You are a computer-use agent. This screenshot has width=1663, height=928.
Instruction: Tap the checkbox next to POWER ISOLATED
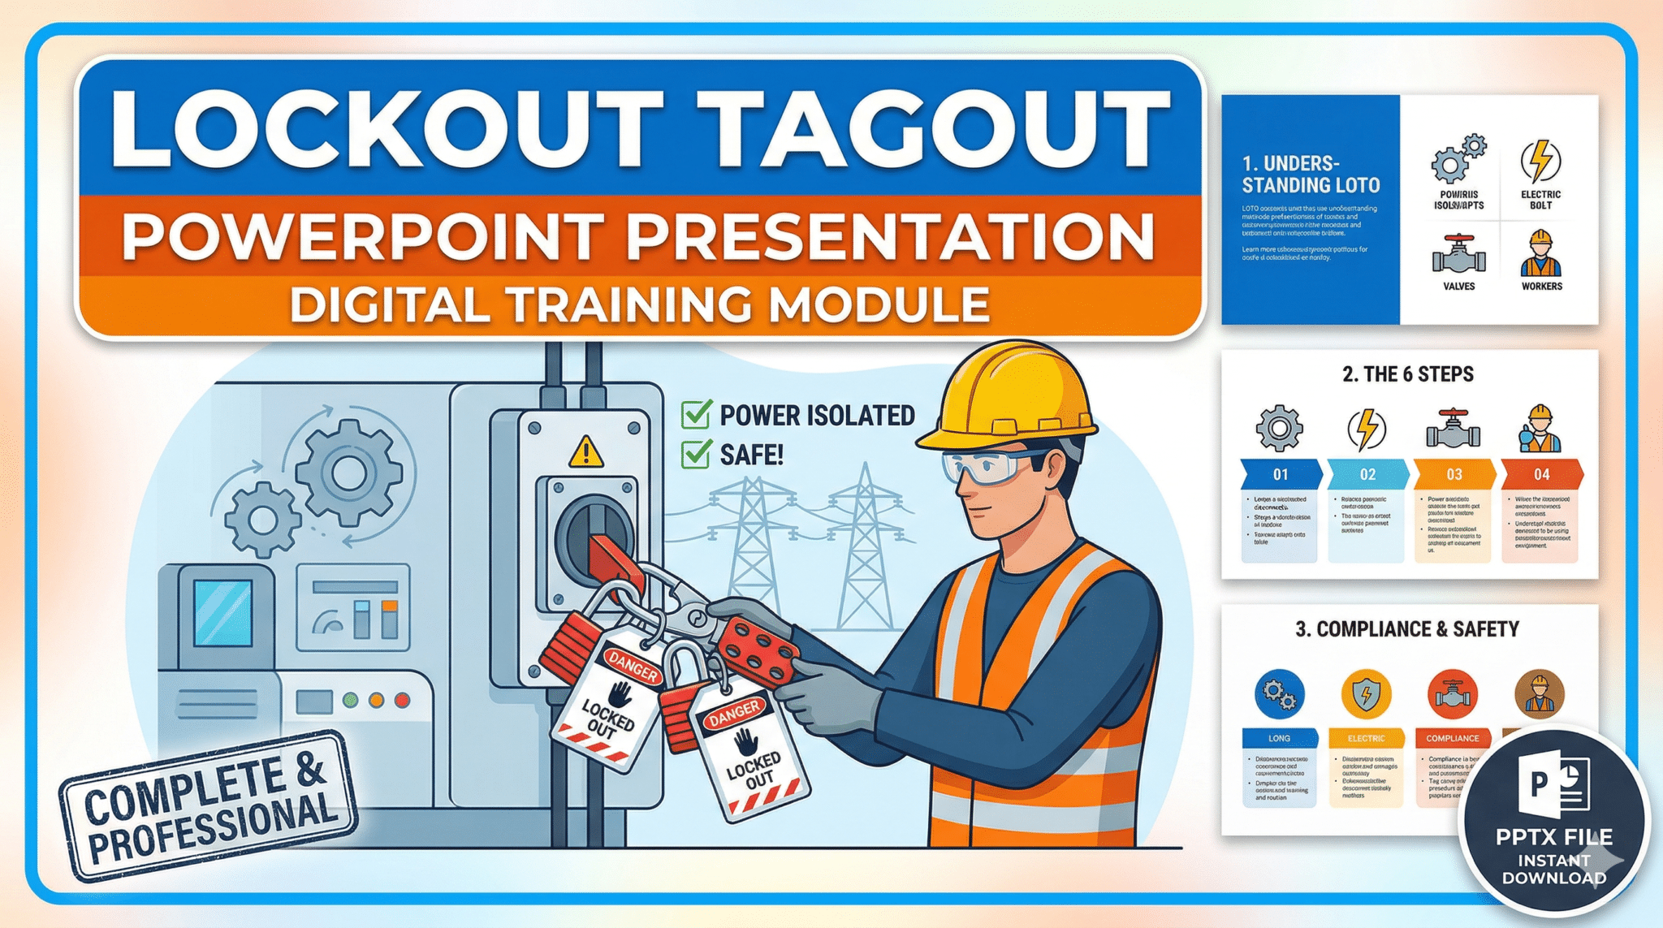pyautogui.click(x=697, y=414)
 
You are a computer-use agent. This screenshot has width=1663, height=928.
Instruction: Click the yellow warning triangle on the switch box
pyautogui.click(x=586, y=452)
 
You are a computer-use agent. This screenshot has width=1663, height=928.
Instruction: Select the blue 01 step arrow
pyautogui.click(x=1281, y=474)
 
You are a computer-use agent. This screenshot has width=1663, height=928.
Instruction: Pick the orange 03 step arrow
pyautogui.click(x=1454, y=474)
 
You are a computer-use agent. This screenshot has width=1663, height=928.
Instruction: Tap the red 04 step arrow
pyautogui.click(x=1541, y=474)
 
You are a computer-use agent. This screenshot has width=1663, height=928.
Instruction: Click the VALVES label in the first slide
pyautogui.click(x=1458, y=287)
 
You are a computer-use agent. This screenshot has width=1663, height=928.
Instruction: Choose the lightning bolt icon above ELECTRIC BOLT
pyautogui.click(x=1540, y=161)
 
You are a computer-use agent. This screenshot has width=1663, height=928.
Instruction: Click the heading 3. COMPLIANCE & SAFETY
pyautogui.click(x=1407, y=629)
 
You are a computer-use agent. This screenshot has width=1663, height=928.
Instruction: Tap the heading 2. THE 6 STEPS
pyautogui.click(x=1407, y=374)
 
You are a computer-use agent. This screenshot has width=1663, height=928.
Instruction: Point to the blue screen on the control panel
pyautogui.click(x=222, y=611)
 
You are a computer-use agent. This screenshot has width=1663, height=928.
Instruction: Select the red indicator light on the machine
pyautogui.click(x=402, y=700)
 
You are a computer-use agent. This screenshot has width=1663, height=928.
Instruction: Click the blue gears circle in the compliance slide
pyautogui.click(x=1280, y=694)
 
